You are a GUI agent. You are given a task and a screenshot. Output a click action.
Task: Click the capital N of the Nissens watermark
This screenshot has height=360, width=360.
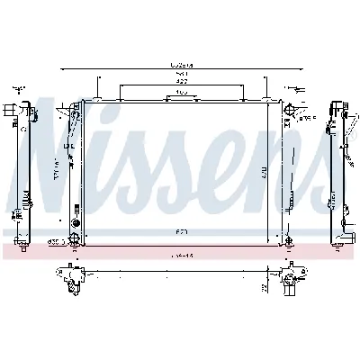[49, 144]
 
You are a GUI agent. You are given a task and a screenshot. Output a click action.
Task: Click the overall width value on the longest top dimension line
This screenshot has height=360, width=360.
[183, 64]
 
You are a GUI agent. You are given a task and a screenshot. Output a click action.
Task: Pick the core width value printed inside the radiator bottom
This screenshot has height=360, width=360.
[183, 232]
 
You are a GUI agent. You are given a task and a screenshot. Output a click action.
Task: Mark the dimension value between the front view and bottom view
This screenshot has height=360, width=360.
[183, 255]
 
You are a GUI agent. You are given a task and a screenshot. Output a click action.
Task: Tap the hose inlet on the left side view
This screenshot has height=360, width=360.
[13, 112]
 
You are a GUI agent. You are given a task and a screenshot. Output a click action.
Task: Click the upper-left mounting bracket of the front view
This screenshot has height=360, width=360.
[73, 112]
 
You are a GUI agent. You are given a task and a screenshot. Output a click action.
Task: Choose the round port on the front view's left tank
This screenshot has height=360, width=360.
[76, 220]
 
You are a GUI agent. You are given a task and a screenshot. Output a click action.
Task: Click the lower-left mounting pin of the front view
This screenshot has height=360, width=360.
[75, 241]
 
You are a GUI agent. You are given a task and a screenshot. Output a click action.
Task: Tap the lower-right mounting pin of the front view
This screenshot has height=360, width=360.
[288, 241]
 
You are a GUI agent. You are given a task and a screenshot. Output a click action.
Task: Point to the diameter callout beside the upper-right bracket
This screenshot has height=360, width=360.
[308, 117]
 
